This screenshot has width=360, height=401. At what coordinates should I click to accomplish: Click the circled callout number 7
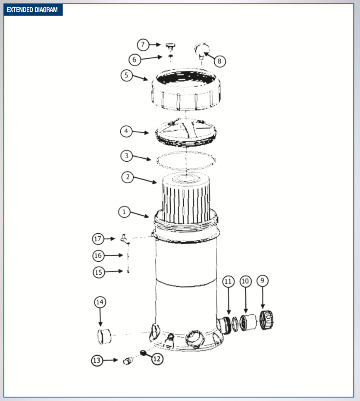click(x=143, y=44)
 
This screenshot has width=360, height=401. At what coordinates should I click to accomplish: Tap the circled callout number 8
click(x=219, y=61)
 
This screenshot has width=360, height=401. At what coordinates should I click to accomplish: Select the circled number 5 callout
click(x=126, y=75)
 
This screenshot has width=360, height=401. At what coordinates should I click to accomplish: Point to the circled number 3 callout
click(x=126, y=156)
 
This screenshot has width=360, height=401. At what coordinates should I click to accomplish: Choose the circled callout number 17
click(x=98, y=238)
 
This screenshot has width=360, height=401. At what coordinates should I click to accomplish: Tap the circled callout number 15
click(x=99, y=272)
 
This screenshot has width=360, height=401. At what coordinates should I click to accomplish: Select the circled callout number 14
click(x=100, y=302)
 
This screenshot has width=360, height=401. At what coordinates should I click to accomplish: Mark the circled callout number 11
click(x=228, y=282)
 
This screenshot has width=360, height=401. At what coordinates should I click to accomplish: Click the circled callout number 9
click(x=262, y=281)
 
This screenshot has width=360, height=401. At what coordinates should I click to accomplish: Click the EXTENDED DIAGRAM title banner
click(x=33, y=9)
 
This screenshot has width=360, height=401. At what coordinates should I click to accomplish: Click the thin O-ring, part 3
click(x=186, y=160)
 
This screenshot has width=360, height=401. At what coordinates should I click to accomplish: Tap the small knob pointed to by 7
click(x=170, y=45)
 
